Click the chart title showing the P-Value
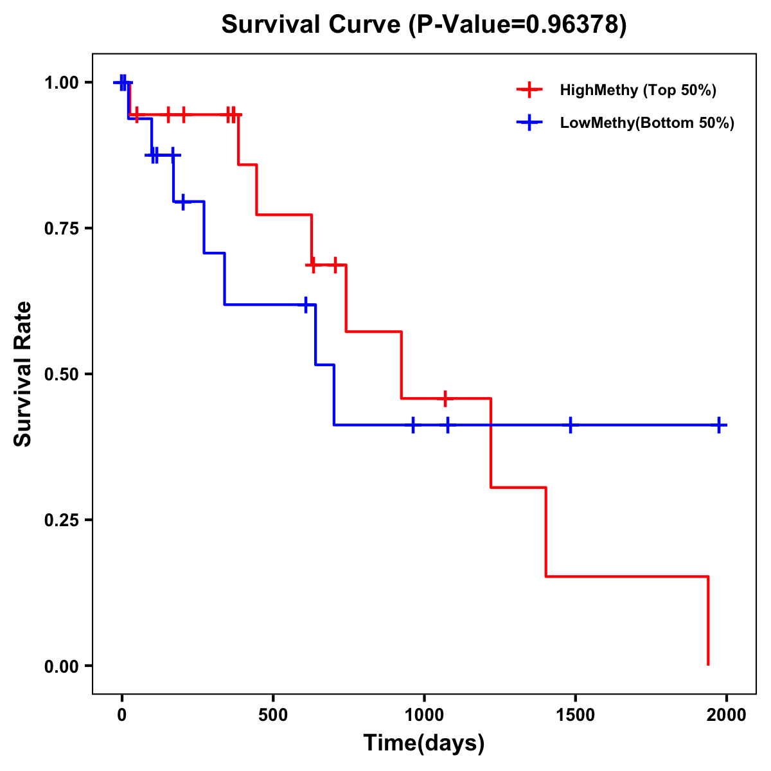pos(423,24)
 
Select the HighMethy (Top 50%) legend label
pos(637,90)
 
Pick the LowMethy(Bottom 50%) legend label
pos(647,123)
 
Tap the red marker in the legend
pos(529,89)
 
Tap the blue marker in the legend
pos(529,122)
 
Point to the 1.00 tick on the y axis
pos(61,83)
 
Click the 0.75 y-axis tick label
pos(61,229)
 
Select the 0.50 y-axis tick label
pos(61,375)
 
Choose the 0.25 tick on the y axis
pos(61,520)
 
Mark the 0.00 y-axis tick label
pos(61,666)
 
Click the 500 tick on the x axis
pos(273,715)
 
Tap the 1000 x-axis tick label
pos(424,715)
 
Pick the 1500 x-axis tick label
pos(575,715)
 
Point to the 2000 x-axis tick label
pos(726,715)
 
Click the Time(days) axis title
pos(424,743)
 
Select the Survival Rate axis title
pos(23,374)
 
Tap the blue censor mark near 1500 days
pos(570,425)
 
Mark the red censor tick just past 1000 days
pos(445,398)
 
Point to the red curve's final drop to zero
pos(708,621)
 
